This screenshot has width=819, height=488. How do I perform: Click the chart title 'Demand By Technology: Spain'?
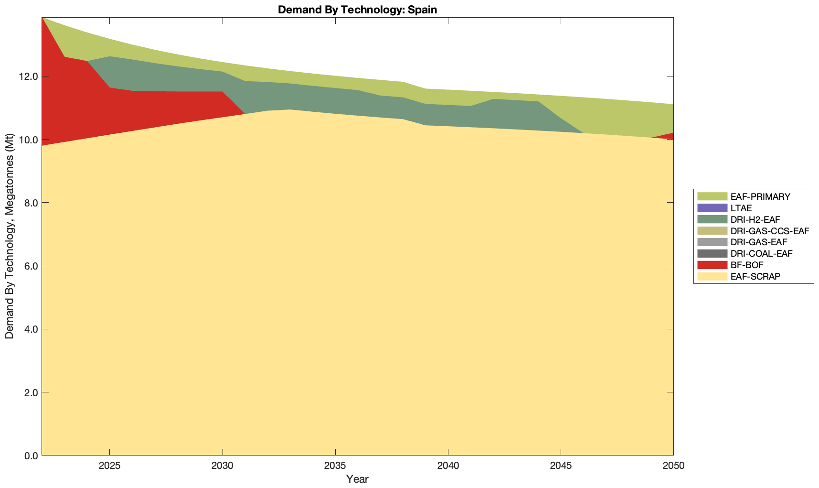tap(357, 9)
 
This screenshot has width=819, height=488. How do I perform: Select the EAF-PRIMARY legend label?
tap(760, 196)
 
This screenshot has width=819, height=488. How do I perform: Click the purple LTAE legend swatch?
tap(712, 208)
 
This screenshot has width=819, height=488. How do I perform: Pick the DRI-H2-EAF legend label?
tap(755, 219)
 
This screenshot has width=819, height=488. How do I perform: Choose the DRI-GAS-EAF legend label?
tap(759, 242)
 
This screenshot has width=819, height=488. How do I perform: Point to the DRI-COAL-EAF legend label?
tap(761, 253)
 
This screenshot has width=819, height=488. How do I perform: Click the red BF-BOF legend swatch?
tap(712, 265)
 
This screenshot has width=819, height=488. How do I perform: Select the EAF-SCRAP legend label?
tap(755, 276)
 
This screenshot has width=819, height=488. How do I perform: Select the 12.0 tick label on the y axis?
tap(30, 76)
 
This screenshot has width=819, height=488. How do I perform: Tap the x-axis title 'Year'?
tap(357, 479)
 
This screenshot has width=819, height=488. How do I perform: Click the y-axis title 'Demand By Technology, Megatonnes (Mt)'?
tap(10, 237)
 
